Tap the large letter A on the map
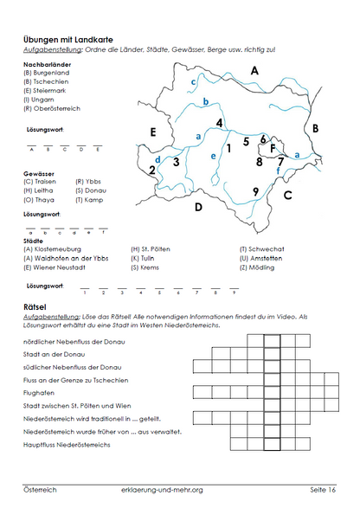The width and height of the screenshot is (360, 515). pos(254,70)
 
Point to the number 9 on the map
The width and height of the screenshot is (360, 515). pos(255,191)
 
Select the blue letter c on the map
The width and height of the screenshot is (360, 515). pos(193,82)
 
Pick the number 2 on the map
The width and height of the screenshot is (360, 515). pos(152,170)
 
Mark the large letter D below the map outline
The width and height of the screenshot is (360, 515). pos(198,207)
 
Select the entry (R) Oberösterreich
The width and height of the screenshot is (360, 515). pos(54,109)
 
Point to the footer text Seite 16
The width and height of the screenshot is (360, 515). pos(323,490)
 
